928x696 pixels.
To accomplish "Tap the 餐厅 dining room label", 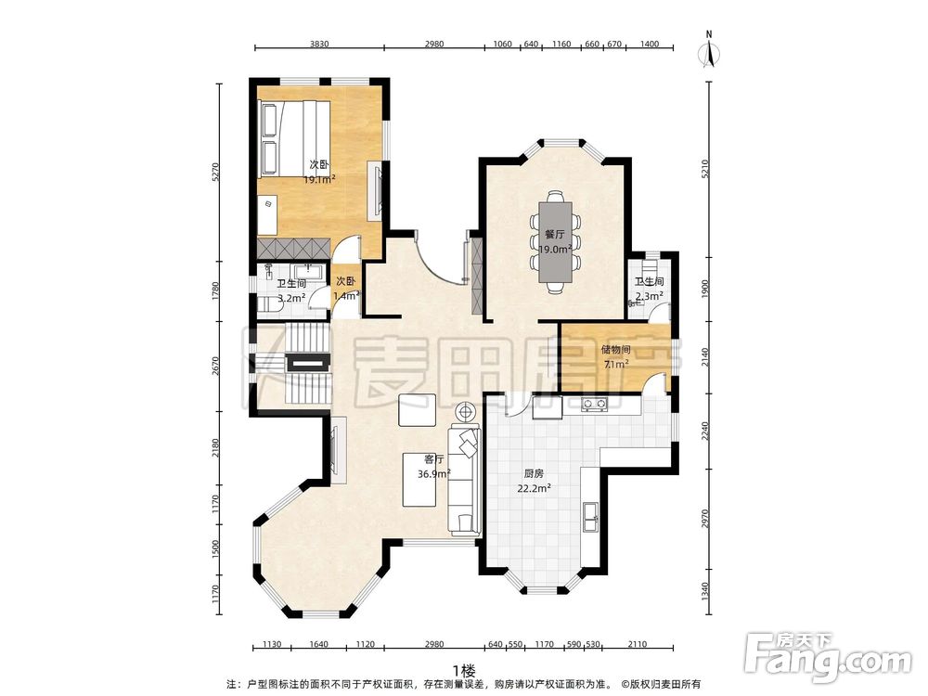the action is (556, 235).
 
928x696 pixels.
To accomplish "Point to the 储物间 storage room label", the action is (616, 351).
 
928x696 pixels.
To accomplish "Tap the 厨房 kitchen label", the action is (535, 473).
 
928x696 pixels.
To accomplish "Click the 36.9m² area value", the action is (434, 473).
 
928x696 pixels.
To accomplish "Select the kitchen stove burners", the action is (594, 405).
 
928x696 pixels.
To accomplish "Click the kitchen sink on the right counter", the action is (590, 517).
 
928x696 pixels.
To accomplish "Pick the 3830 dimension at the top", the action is (319, 44).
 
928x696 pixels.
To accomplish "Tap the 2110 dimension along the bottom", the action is (637, 645).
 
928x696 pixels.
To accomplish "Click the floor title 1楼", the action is (465, 671).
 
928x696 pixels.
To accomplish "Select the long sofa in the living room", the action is (464, 480).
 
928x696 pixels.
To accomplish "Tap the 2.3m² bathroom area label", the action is (650, 296).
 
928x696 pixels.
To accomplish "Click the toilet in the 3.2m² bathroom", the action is (269, 306).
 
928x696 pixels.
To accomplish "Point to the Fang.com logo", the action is (828, 658).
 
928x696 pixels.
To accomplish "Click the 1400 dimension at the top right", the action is (650, 44).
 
